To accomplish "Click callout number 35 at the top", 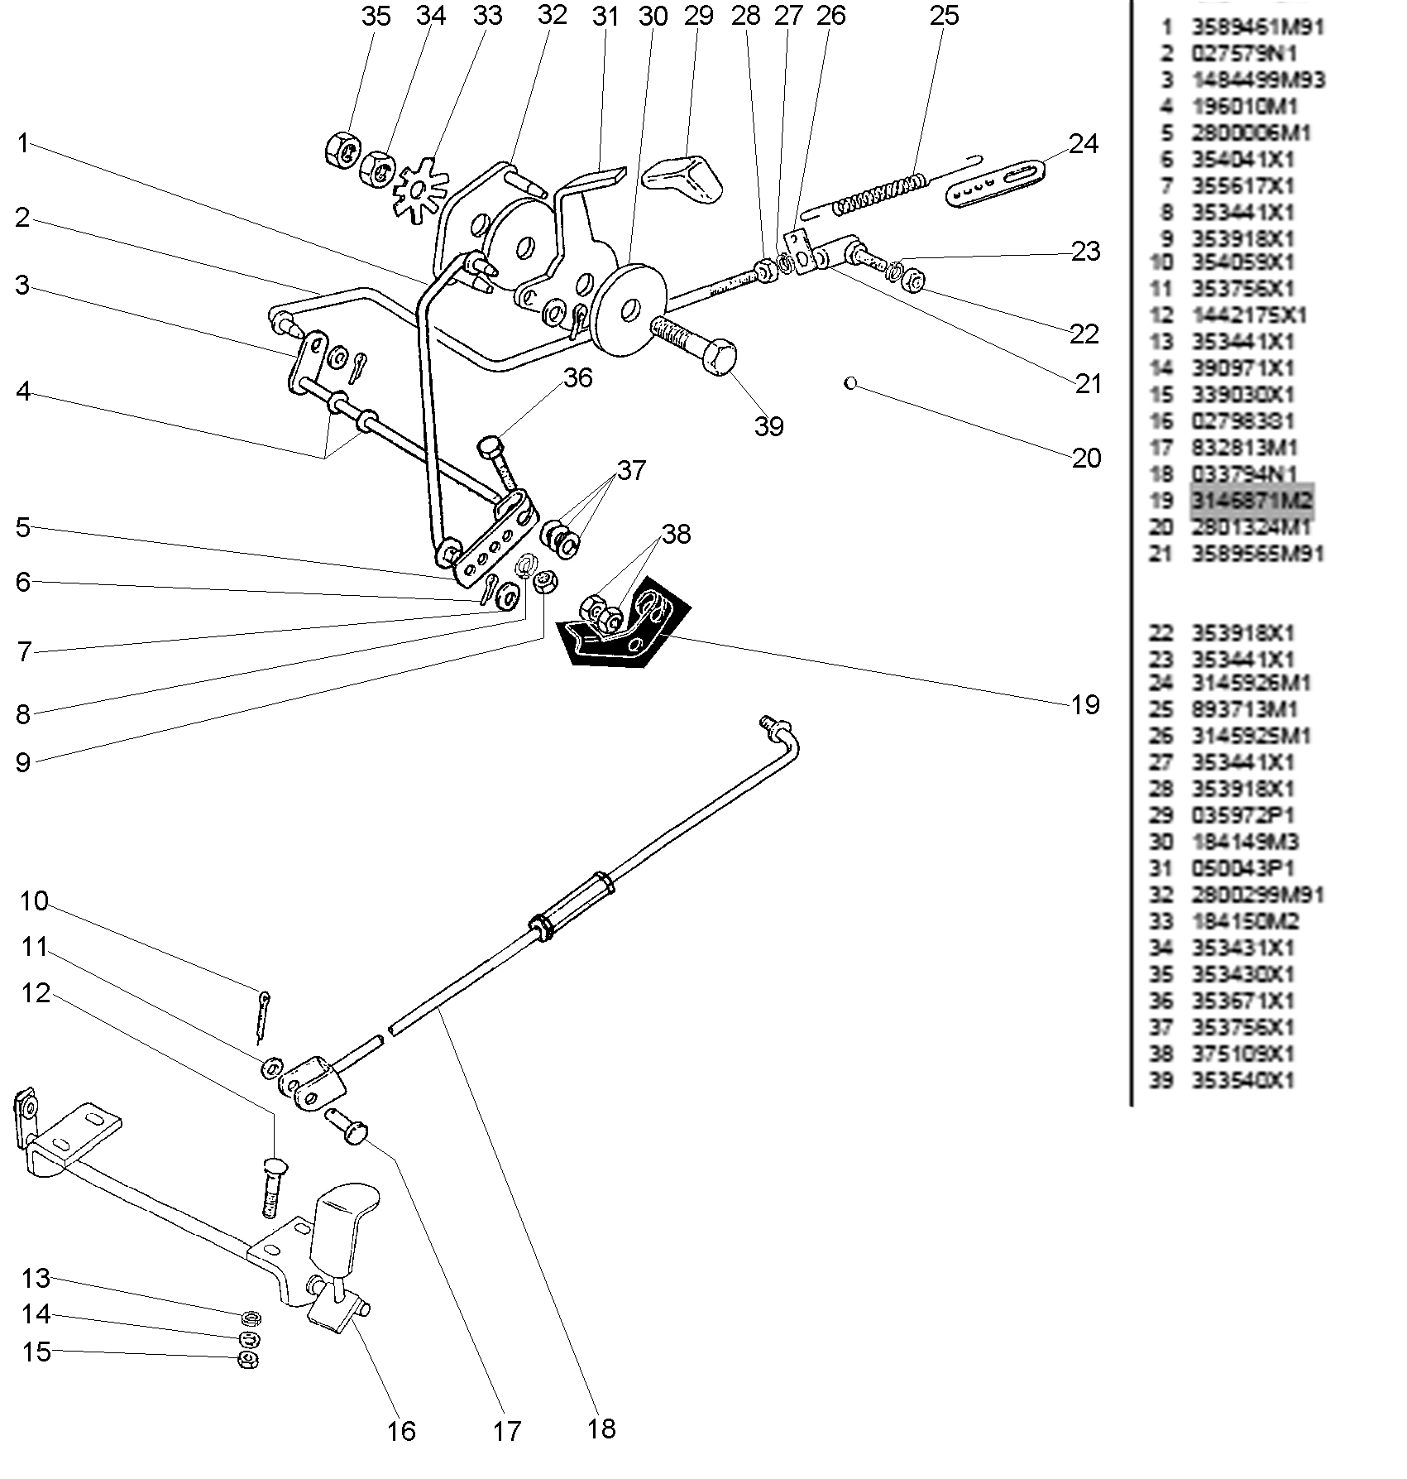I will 376,16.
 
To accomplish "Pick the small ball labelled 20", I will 850,383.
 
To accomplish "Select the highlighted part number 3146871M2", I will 1251,501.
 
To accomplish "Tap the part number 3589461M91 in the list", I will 1257,27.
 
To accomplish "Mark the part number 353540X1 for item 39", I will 1242,1081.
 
